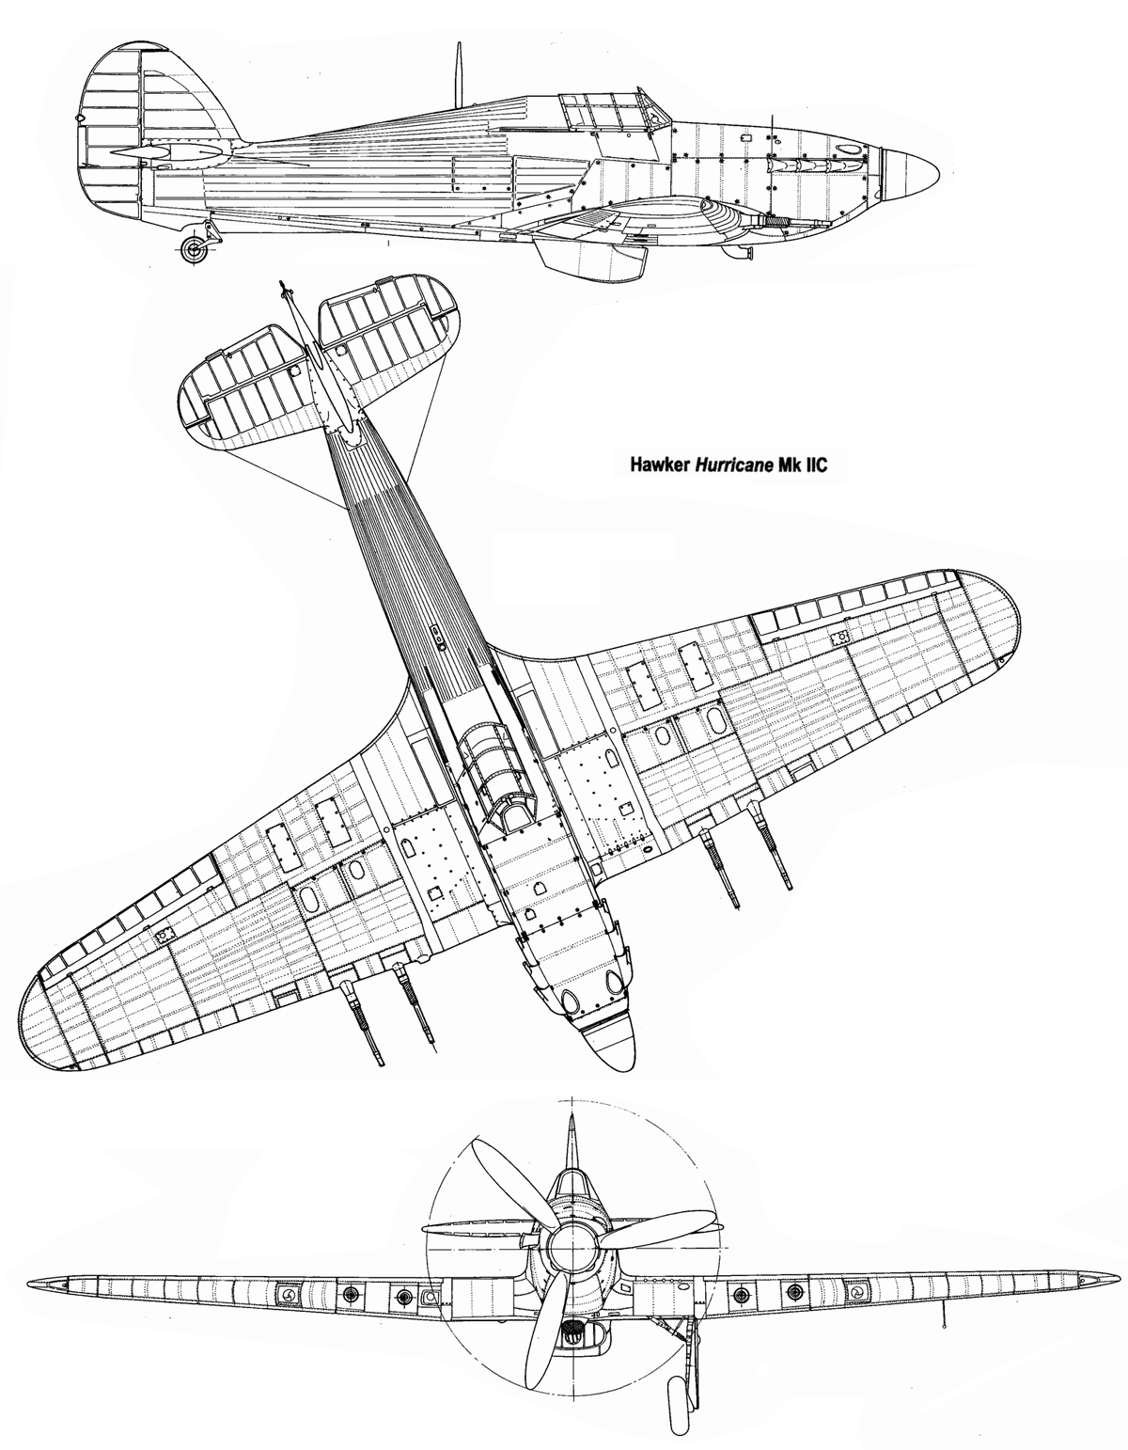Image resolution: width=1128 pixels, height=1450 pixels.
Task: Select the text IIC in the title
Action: click(x=813, y=465)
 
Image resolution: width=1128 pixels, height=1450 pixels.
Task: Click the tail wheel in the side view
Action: click(x=196, y=248)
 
